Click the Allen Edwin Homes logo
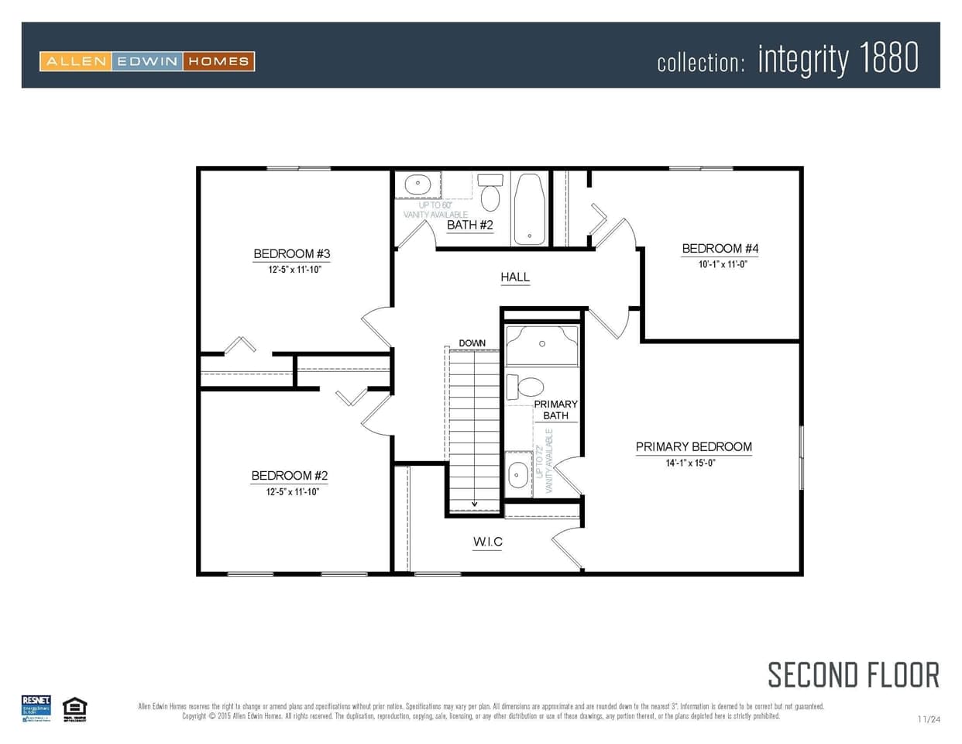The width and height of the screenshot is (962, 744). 147,61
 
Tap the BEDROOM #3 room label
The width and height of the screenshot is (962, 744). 292,254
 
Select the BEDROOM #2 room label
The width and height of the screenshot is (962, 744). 290,476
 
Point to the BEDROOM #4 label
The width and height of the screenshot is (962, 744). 720,249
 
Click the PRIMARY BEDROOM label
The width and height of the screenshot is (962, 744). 693,446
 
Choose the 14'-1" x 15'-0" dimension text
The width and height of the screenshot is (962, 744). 690,463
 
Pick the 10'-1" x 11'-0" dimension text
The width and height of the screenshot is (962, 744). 722,264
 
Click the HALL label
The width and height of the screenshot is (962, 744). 515,277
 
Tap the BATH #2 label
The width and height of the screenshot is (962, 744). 469,225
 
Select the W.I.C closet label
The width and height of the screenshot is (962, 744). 488,542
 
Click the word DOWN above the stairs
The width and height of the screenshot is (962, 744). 472,343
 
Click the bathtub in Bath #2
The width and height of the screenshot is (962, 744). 530,208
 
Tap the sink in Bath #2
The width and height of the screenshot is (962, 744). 417,185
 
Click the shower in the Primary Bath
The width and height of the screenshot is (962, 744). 542,345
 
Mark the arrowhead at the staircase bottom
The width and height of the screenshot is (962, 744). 475,505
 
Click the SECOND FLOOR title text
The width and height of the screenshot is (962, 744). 853,675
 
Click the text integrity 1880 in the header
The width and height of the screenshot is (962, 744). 838,59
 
